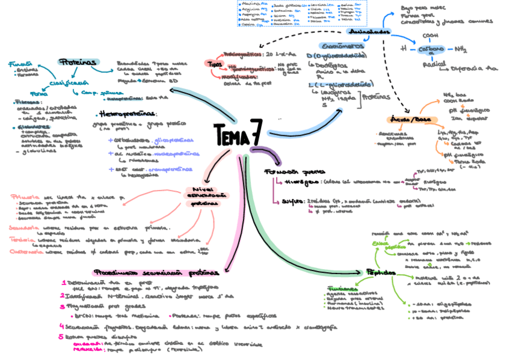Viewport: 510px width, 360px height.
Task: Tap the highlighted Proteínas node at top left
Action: (78, 62)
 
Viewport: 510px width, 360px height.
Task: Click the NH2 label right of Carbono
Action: (461, 49)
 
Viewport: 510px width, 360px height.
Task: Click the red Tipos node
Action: (214, 63)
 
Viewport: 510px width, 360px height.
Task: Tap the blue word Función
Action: (20, 62)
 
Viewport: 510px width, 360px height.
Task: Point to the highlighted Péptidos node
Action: (381, 272)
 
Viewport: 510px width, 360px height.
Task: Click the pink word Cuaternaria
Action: (25, 252)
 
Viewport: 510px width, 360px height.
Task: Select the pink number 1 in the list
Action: (63, 282)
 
